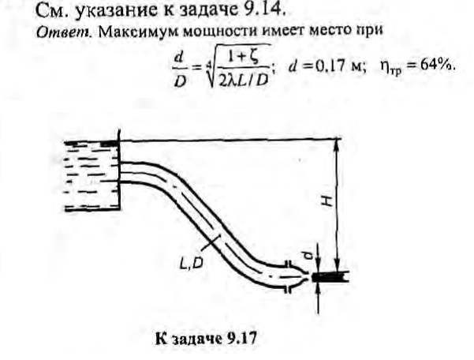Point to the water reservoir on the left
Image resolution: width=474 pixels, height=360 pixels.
point(91,178)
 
